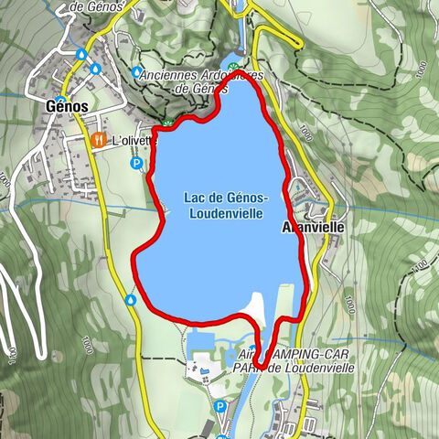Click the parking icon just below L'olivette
click(136, 164)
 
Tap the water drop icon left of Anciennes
click(136, 71)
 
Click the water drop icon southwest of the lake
click(131, 299)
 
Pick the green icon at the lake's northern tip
click(236, 67)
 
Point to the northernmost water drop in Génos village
click(82, 55)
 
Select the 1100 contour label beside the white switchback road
click(11, 351)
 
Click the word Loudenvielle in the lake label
click(224, 212)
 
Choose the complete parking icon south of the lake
click(220, 406)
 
